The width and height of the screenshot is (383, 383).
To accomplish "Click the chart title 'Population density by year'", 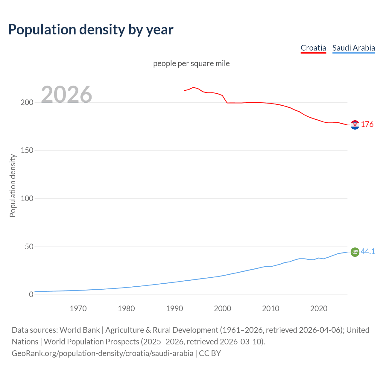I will pyautogui.click(x=91, y=30).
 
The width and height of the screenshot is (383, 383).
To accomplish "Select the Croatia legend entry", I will pyautogui.click(x=313, y=48).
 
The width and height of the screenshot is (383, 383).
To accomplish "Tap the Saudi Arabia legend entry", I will pyautogui.click(x=354, y=48).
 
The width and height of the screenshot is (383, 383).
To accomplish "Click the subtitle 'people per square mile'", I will pyautogui.click(x=191, y=63).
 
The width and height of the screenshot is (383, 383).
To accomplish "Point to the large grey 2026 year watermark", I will pyautogui.click(x=66, y=95).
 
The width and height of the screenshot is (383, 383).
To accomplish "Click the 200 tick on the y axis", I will pyautogui.click(x=27, y=102).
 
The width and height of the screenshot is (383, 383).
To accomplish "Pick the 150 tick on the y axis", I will pyautogui.click(x=27, y=151).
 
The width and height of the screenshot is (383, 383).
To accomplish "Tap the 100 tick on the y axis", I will pyautogui.click(x=27, y=198).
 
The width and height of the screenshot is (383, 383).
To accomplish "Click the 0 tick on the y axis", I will pyautogui.click(x=31, y=295).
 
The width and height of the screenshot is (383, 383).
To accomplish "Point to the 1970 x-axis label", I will pyautogui.click(x=78, y=308).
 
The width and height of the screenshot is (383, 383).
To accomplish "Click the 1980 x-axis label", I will pyautogui.click(x=126, y=308).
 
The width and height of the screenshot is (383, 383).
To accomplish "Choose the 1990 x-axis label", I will pyautogui.click(x=174, y=308).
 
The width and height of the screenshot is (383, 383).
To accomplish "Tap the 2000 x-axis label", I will pyautogui.click(x=223, y=308).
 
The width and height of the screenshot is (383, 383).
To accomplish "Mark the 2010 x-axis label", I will pyautogui.click(x=270, y=308).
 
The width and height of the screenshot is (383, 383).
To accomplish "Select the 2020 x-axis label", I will pyautogui.click(x=319, y=308).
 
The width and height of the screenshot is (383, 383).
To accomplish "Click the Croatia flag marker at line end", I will pyautogui.click(x=355, y=125).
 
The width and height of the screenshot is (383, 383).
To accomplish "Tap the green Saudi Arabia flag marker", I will pyautogui.click(x=355, y=252).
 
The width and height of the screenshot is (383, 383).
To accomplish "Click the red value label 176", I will pyautogui.click(x=367, y=124).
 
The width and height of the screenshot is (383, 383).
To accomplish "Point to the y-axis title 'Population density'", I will pyautogui.click(x=13, y=186).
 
